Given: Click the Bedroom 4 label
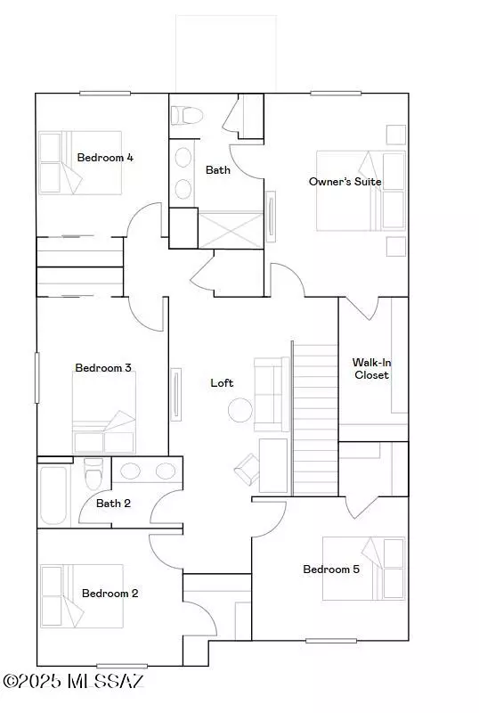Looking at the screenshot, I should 105,158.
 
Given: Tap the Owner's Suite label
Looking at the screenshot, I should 345,182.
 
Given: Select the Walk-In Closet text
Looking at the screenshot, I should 371,369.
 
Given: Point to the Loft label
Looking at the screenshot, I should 222,382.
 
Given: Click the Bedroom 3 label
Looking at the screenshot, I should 103,367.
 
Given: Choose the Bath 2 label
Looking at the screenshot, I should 114,503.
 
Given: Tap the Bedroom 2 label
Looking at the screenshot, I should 110,593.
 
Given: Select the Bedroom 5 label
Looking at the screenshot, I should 331,570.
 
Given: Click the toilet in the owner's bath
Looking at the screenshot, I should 188,114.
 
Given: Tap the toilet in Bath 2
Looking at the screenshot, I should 93,473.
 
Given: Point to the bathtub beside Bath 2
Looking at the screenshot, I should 53,493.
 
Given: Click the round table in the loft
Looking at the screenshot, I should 240,410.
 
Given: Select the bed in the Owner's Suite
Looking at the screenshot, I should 361,191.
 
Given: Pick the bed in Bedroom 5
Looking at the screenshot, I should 365,568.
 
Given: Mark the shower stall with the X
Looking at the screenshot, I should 230,229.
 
